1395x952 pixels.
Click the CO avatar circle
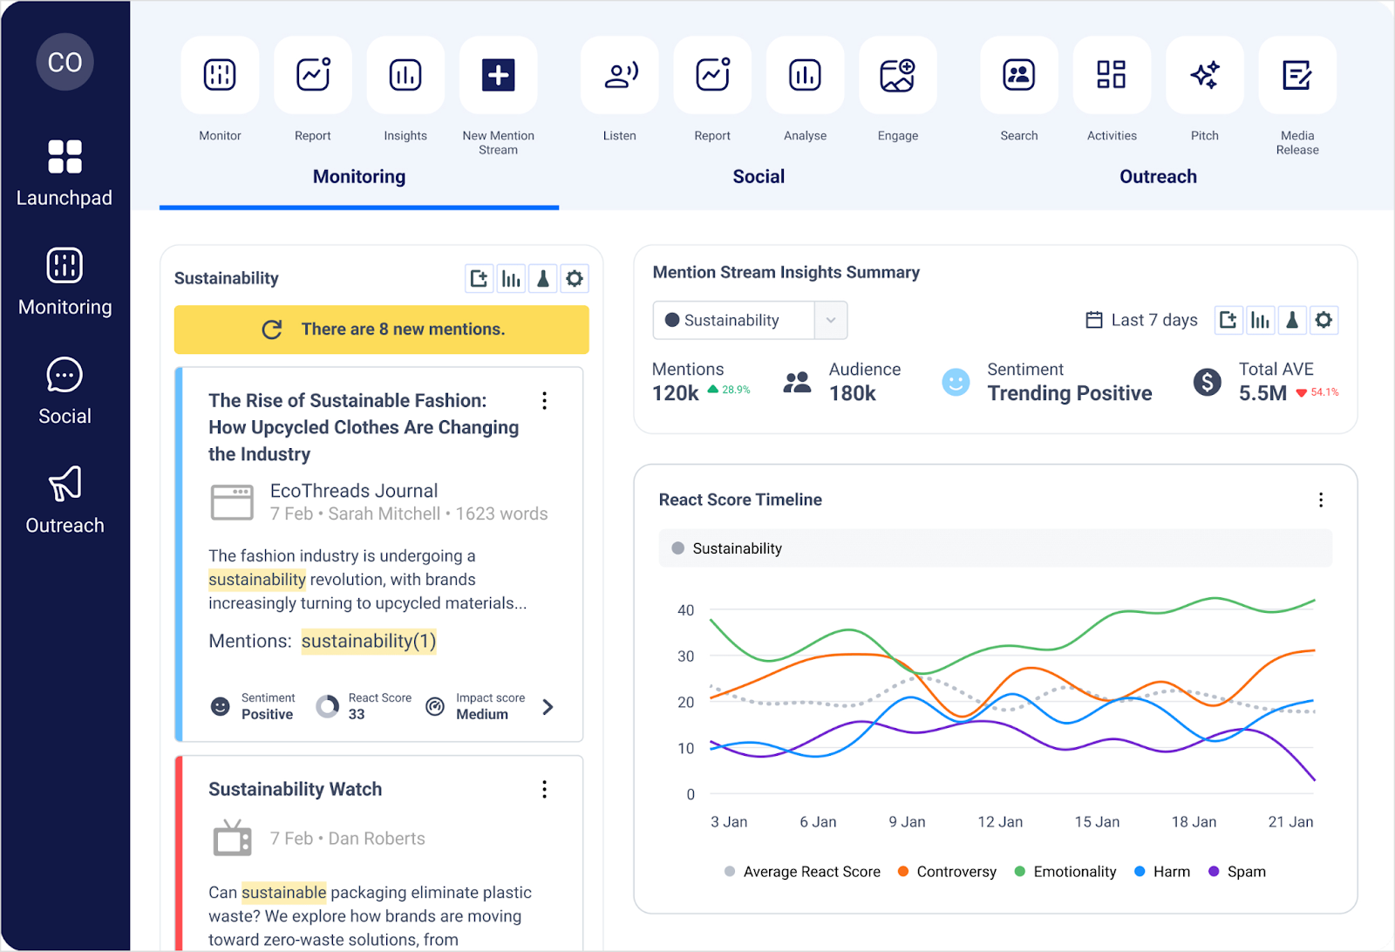click(x=65, y=62)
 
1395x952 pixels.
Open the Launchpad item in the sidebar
click(x=65, y=173)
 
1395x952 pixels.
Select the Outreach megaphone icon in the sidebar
click(x=65, y=484)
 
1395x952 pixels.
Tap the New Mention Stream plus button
click(x=498, y=75)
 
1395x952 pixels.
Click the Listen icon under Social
click(x=620, y=75)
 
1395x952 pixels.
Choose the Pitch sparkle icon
click(x=1204, y=75)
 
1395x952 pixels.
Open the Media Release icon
click(x=1296, y=75)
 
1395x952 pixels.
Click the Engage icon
click(x=897, y=75)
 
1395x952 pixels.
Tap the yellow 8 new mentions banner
click(x=382, y=330)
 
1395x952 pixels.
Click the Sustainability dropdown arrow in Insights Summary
click(x=831, y=320)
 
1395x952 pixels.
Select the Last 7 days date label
click(x=1153, y=320)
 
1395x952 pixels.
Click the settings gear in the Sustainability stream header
click(x=574, y=279)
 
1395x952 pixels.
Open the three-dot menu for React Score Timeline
click(x=1320, y=500)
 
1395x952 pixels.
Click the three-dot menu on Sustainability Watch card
click(x=544, y=789)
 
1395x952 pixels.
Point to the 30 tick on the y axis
click(x=686, y=656)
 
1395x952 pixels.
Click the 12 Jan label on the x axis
click(x=999, y=822)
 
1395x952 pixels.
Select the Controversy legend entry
click(x=956, y=872)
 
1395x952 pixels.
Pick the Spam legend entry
click(x=1245, y=872)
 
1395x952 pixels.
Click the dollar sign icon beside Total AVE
click(x=1207, y=382)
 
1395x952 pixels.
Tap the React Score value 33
click(x=357, y=714)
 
